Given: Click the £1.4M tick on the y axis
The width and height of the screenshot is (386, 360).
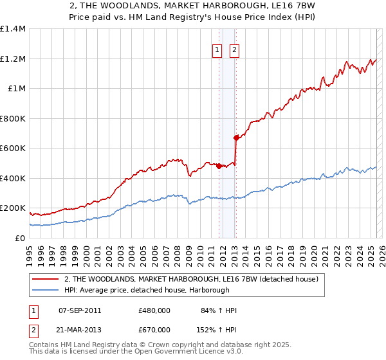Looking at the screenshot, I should [x=13, y=29].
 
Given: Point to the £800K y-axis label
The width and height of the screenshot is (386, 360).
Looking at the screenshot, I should [x=13, y=118].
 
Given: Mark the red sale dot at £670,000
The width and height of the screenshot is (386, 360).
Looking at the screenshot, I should [x=236, y=137].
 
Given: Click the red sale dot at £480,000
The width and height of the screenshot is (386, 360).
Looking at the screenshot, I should [x=219, y=166].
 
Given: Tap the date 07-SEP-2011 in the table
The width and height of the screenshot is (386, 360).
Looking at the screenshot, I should [x=80, y=310].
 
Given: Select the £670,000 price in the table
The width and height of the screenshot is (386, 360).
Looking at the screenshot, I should [x=154, y=329].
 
